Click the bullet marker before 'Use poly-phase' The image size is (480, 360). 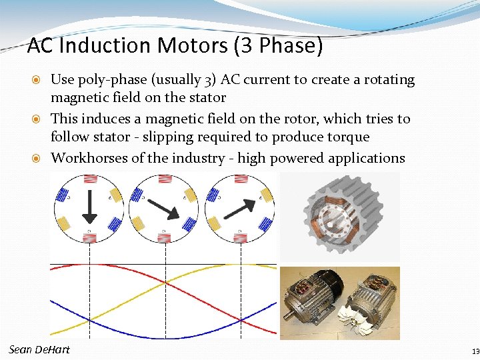[39, 80]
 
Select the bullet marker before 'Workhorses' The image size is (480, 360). [39, 159]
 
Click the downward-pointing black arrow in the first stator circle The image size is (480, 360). [90, 207]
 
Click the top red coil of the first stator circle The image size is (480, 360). [89, 180]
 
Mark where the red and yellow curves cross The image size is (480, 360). [165, 282]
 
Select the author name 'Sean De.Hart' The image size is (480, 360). [39, 350]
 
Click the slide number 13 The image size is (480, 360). [474, 351]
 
